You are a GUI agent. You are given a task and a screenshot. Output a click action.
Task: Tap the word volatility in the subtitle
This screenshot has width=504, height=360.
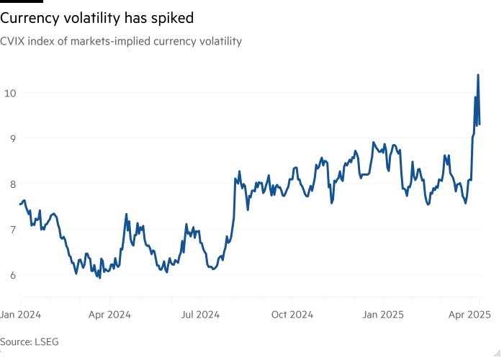point(217,42)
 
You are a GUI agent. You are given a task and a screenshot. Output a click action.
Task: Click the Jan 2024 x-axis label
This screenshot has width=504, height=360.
point(20,315)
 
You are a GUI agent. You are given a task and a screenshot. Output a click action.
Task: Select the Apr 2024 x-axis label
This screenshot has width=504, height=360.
point(110,315)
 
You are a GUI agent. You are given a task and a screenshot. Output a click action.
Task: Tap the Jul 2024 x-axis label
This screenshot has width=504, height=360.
point(201,315)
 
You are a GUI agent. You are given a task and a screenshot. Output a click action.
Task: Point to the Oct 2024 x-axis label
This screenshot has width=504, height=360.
point(292,315)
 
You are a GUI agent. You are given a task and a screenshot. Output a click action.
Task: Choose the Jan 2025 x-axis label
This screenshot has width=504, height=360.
point(383,315)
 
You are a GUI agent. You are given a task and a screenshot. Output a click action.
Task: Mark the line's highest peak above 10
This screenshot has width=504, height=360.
point(477,75)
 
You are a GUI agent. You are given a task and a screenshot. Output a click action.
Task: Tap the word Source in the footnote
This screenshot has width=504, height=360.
point(16,341)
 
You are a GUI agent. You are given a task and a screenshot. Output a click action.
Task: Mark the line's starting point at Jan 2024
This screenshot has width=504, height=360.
point(20,204)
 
